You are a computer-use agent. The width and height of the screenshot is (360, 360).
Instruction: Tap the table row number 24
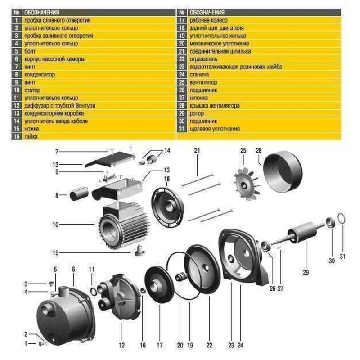pos(182,75)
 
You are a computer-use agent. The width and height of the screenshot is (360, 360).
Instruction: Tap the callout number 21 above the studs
pos(196,150)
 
